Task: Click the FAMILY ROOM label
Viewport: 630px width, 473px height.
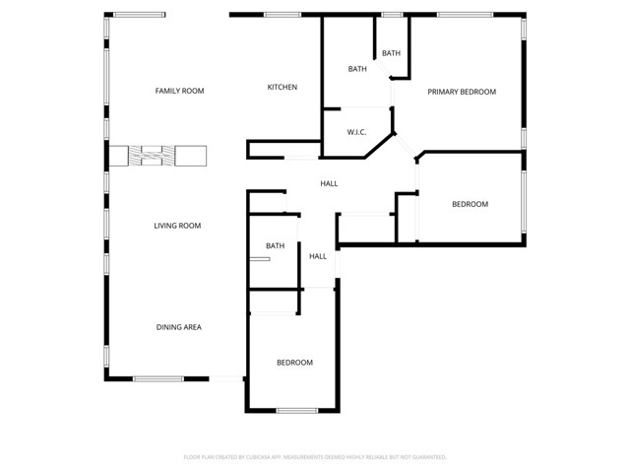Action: pyautogui.click(x=179, y=91)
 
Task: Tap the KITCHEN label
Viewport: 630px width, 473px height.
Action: pyautogui.click(x=283, y=88)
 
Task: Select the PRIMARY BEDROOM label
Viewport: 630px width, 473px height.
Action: pyautogui.click(x=461, y=92)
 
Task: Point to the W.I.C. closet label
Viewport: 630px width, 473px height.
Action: pyautogui.click(x=356, y=132)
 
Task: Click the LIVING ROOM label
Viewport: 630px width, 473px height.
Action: pyautogui.click(x=177, y=226)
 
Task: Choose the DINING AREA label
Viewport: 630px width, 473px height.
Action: pyautogui.click(x=178, y=327)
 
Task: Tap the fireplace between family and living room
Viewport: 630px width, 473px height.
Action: pyautogui.click(x=157, y=156)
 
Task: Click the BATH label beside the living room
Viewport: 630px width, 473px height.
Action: pyautogui.click(x=275, y=246)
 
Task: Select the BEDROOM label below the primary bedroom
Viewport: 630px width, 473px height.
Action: pyautogui.click(x=470, y=204)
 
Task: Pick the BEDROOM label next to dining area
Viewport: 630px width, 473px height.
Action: pyautogui.click(x=294, y=363)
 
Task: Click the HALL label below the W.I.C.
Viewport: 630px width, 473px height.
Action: pyautogui.click(x=329, y=183)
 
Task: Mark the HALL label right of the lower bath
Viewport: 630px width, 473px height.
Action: pyautogui.click(x=318, y=256)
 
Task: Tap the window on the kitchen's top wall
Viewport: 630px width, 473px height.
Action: pyautogui.click(x=283, y=15)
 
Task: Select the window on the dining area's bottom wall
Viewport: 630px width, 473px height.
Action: pyautogui.click(x=157, y=378)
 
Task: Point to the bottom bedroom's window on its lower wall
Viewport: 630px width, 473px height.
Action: pyautogui.click(x=296, y=411)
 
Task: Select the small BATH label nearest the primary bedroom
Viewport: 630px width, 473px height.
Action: pyautogui.click(x=391, y=53)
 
